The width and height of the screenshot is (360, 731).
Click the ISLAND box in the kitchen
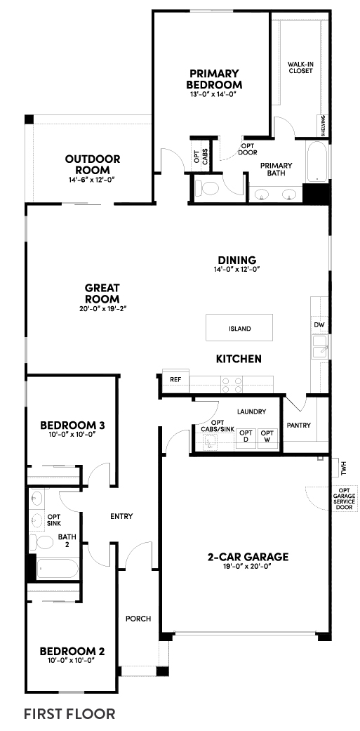point(239,328)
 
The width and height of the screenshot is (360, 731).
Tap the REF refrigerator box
point(175,379)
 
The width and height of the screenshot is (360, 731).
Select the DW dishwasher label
point(319,324)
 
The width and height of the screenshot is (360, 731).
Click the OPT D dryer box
point(246,436)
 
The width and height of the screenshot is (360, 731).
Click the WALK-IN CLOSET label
point(300,67)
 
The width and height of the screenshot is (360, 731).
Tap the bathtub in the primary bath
point(317,162)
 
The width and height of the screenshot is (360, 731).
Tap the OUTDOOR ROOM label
point(93,164)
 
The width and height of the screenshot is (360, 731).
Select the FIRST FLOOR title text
point(69,713)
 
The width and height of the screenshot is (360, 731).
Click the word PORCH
point(138,619)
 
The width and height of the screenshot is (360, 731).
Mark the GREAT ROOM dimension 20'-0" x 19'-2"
point(102,308)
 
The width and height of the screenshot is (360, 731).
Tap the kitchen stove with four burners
point(232,384)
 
